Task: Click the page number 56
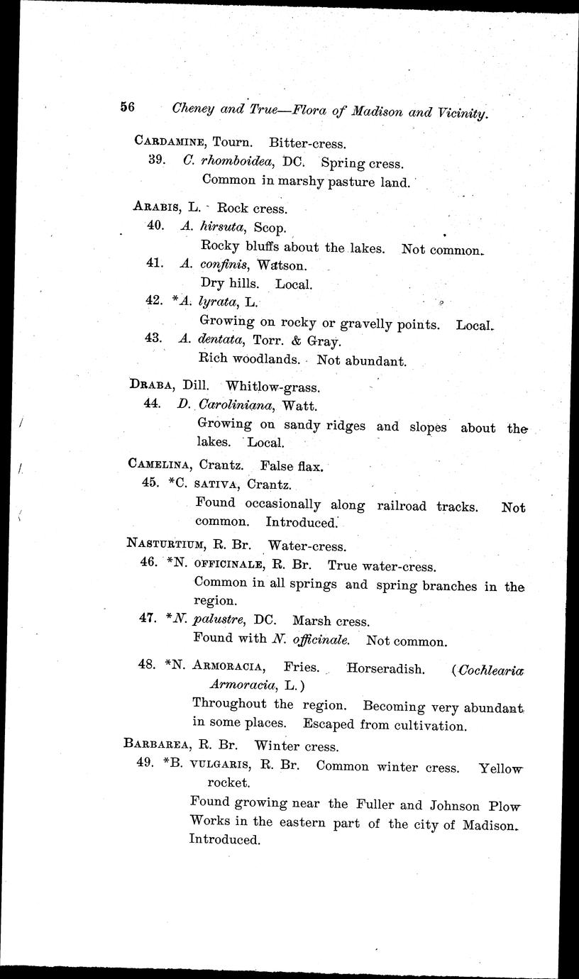[128, 107]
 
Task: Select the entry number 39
[158, 160]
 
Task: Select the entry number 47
[148, 617]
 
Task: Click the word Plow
[504, 806]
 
